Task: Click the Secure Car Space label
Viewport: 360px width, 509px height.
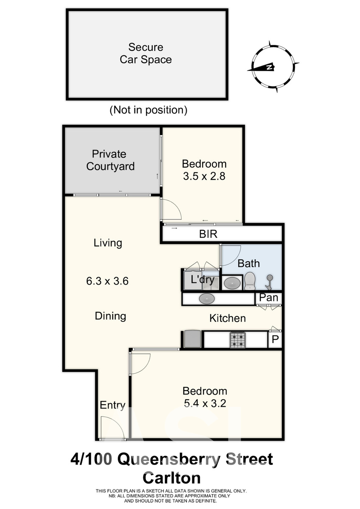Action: click(145, 53)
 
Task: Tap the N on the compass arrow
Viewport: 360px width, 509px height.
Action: click(269, 67)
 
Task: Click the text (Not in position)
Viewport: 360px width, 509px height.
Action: click(148, 110)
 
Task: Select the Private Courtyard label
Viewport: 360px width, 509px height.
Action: click(110, 160)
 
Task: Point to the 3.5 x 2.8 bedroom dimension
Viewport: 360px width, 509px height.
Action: click(204, 176)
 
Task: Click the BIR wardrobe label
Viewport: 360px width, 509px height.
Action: click(208, 234)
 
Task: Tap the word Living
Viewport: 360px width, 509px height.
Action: click(108, 243)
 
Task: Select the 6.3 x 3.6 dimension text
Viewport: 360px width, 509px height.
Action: click(107, 281)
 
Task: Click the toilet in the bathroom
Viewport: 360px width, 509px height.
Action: click(250, 281)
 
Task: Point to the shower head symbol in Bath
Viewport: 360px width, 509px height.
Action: click(269, 282)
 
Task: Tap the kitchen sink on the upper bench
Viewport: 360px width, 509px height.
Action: click(207, 299)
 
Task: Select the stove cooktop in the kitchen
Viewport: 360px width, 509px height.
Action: click(237, 340)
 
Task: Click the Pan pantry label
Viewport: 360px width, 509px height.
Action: click(269, 297)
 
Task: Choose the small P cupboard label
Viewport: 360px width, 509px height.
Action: click(275, 339)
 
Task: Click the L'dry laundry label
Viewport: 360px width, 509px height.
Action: click(202, 280)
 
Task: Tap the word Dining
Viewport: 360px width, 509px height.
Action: click(110, 316)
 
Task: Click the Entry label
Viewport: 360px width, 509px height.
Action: click(112, 405)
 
